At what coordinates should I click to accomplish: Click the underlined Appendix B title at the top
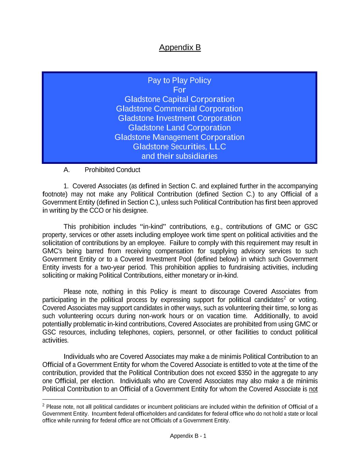click(x=180, y=47)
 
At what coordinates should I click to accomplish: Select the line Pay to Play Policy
click(x=179, y=81)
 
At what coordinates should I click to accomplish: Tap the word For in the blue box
click(x=179, y=90)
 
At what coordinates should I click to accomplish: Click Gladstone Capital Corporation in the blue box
click(x=179, y=99)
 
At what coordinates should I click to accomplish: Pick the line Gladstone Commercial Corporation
click(x=179, y=109)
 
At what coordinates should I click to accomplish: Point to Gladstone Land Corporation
click(x=179, y=128)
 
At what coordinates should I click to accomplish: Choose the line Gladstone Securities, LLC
click(x=179, y=147)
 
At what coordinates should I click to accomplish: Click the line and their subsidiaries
click(x=179, y=156)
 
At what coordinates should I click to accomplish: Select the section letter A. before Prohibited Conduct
click(x=67, y=170)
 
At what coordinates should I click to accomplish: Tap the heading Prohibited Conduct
click(x=112, y=170)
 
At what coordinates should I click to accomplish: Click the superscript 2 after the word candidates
click(x=285, y=298)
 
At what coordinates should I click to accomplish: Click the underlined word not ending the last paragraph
click(x=313, y=389)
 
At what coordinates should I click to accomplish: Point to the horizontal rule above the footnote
click(x=84, y=399)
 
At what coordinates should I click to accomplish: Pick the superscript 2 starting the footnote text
click(x=44, y=405)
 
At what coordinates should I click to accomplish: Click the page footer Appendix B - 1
click(x=188, y=436)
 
